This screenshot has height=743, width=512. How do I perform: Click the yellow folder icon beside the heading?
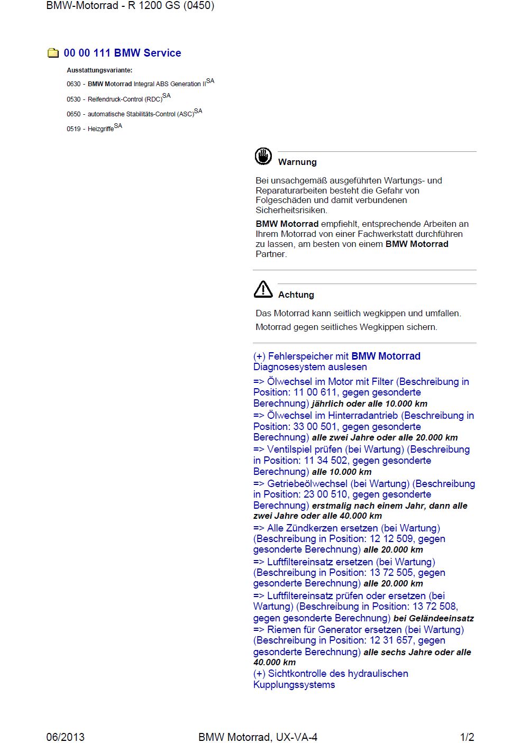53,53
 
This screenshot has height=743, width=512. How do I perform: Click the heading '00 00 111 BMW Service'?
122,53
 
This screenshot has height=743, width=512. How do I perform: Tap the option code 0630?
74,84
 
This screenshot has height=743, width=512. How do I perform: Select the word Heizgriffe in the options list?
100,129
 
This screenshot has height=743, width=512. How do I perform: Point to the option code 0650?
74,114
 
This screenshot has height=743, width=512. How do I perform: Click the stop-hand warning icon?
263,157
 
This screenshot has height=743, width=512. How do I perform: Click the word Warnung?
297,162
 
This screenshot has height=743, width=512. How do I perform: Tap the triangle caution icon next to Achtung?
263,289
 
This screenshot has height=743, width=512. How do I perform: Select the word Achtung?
296,295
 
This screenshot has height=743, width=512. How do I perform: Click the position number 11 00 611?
315,392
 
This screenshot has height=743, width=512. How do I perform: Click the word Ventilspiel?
292,450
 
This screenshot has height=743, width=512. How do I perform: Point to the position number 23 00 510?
325,494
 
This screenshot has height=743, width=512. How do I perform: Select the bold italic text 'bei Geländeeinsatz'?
433,618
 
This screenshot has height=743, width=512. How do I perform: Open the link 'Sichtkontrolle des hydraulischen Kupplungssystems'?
331,679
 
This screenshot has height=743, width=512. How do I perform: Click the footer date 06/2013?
66,737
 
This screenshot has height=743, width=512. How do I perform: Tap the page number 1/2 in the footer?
467,737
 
